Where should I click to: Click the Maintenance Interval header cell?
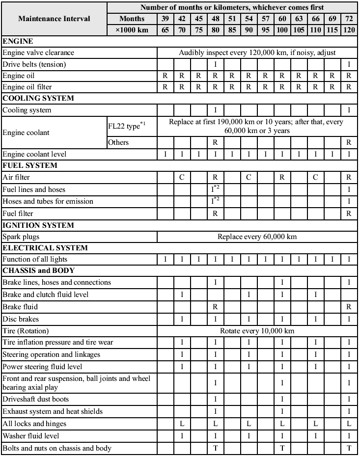click(54, 19)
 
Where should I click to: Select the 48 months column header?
click(215, 19)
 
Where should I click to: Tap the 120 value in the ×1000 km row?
click(349, 30)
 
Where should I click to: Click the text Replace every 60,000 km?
click(257, 237)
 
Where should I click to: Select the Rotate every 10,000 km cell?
click(257, 330)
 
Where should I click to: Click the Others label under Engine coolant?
click(118, 142)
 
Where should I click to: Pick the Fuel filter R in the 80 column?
click(215, 214)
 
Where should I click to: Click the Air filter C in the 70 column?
click(182, 177)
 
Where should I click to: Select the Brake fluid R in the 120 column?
click(349, 307)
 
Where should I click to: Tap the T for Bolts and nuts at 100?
click(282, 448)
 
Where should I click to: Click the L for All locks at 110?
click(315, 423)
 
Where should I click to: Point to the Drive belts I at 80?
click(215, 64)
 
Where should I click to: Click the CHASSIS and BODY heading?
click(35, 270)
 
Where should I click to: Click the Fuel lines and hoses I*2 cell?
click(216, 189)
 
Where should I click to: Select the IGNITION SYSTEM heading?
click(38, 225)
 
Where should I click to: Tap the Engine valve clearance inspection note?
click(257, 53)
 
